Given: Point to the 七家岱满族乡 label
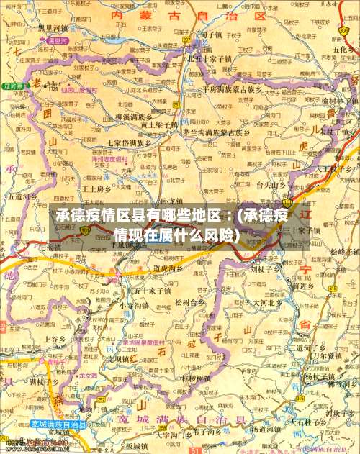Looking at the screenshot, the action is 130,142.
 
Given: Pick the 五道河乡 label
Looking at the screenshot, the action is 22,195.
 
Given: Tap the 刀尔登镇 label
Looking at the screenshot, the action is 314,355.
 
